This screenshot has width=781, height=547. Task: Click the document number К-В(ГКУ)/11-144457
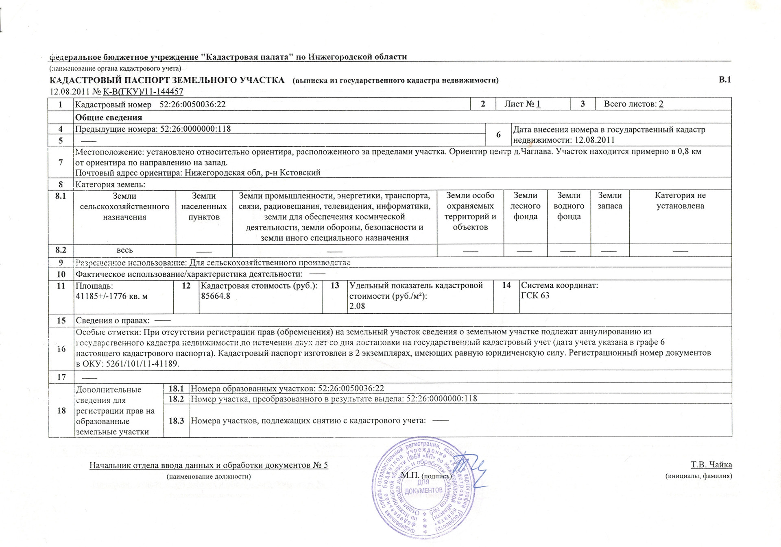143,92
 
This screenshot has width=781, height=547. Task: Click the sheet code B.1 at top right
724,80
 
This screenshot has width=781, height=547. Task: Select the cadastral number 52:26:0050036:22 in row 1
192,104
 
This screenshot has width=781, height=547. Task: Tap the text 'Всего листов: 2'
633,104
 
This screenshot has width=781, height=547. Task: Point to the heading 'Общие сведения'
109,118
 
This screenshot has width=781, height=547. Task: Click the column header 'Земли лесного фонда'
525,206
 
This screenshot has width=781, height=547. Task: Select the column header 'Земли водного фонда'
569,206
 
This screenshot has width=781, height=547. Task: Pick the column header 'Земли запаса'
610,201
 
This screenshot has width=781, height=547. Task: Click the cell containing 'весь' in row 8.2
124,250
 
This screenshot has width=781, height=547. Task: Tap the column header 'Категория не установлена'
680,201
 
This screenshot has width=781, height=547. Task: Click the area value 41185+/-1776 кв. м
111,296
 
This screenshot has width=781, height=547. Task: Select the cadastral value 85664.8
216,296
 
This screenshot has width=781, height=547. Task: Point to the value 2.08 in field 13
357,306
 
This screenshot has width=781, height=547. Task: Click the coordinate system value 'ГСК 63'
535,295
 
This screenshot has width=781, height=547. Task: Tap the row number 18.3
177,421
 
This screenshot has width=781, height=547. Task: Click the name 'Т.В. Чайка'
711,465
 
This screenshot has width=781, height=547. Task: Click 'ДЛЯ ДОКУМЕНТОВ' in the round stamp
423,486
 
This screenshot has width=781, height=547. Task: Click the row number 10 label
61,274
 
